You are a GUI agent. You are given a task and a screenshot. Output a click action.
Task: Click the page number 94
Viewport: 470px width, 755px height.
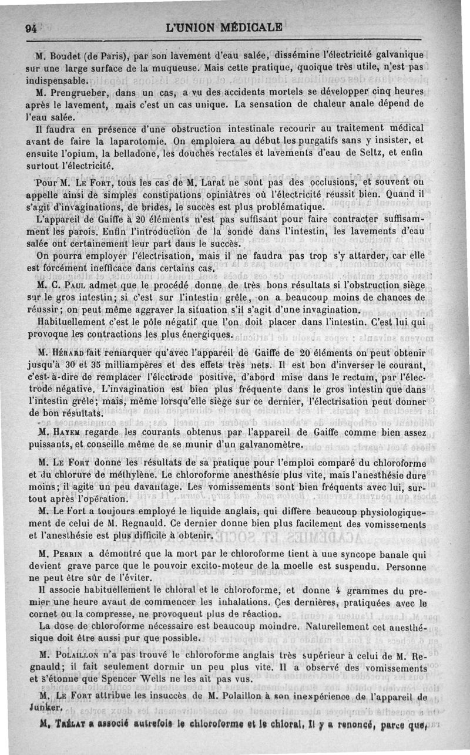(x=30, y=27)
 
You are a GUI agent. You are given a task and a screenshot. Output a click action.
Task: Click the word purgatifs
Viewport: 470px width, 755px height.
(x=305, y=141)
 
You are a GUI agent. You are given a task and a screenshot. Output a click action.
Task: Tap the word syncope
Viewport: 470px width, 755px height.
(x=360, y=554)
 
